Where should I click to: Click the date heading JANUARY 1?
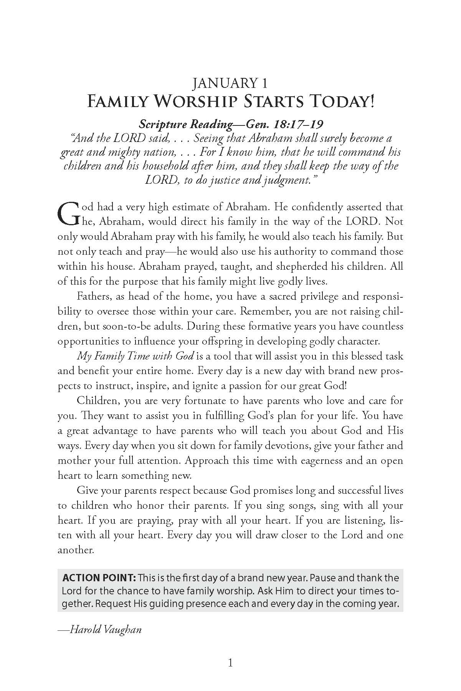click(x=230, y=83)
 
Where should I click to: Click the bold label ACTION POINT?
click(x=99, y=578)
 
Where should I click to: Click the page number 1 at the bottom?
click(x=230, y=663)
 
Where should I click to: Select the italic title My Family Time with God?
click(x=136, y=356)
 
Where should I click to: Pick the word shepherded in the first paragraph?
click(x=299, y=266)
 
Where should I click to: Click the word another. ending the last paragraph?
click(x=76, y=550)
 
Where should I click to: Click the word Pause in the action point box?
click(x=324, y=578)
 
